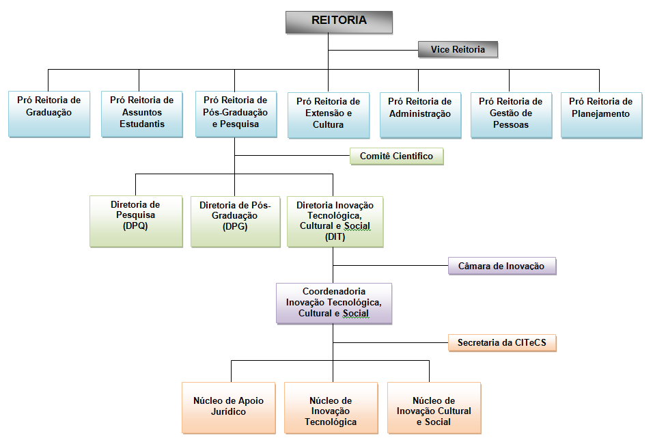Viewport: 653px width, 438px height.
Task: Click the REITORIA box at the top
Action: pos(339,21)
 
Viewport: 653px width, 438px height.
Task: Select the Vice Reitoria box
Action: pos(458,50)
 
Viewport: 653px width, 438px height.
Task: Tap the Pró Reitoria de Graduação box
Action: pos(49,114)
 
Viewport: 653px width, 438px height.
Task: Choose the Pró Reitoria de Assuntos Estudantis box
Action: pos(142,114)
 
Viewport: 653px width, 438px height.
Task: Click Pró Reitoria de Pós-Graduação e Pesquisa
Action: pos(236,114)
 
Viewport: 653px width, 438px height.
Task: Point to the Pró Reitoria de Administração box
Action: pos(420,114)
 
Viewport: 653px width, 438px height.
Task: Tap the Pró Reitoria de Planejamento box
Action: pos(601,114)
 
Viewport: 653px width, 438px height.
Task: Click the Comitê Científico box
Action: pos(396,156)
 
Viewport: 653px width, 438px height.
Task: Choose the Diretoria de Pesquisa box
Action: pos(135,221)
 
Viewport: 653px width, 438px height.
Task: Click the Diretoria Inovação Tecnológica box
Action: pos(335,221)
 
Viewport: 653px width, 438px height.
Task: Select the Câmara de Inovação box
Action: pos(502,266)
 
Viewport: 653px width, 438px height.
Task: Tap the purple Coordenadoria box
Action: pos(334,303)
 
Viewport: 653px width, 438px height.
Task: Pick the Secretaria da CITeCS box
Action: pos(502,342)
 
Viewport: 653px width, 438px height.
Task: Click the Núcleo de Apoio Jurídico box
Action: pos(229,407)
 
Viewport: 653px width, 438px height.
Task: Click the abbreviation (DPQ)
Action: pos(135,225)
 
